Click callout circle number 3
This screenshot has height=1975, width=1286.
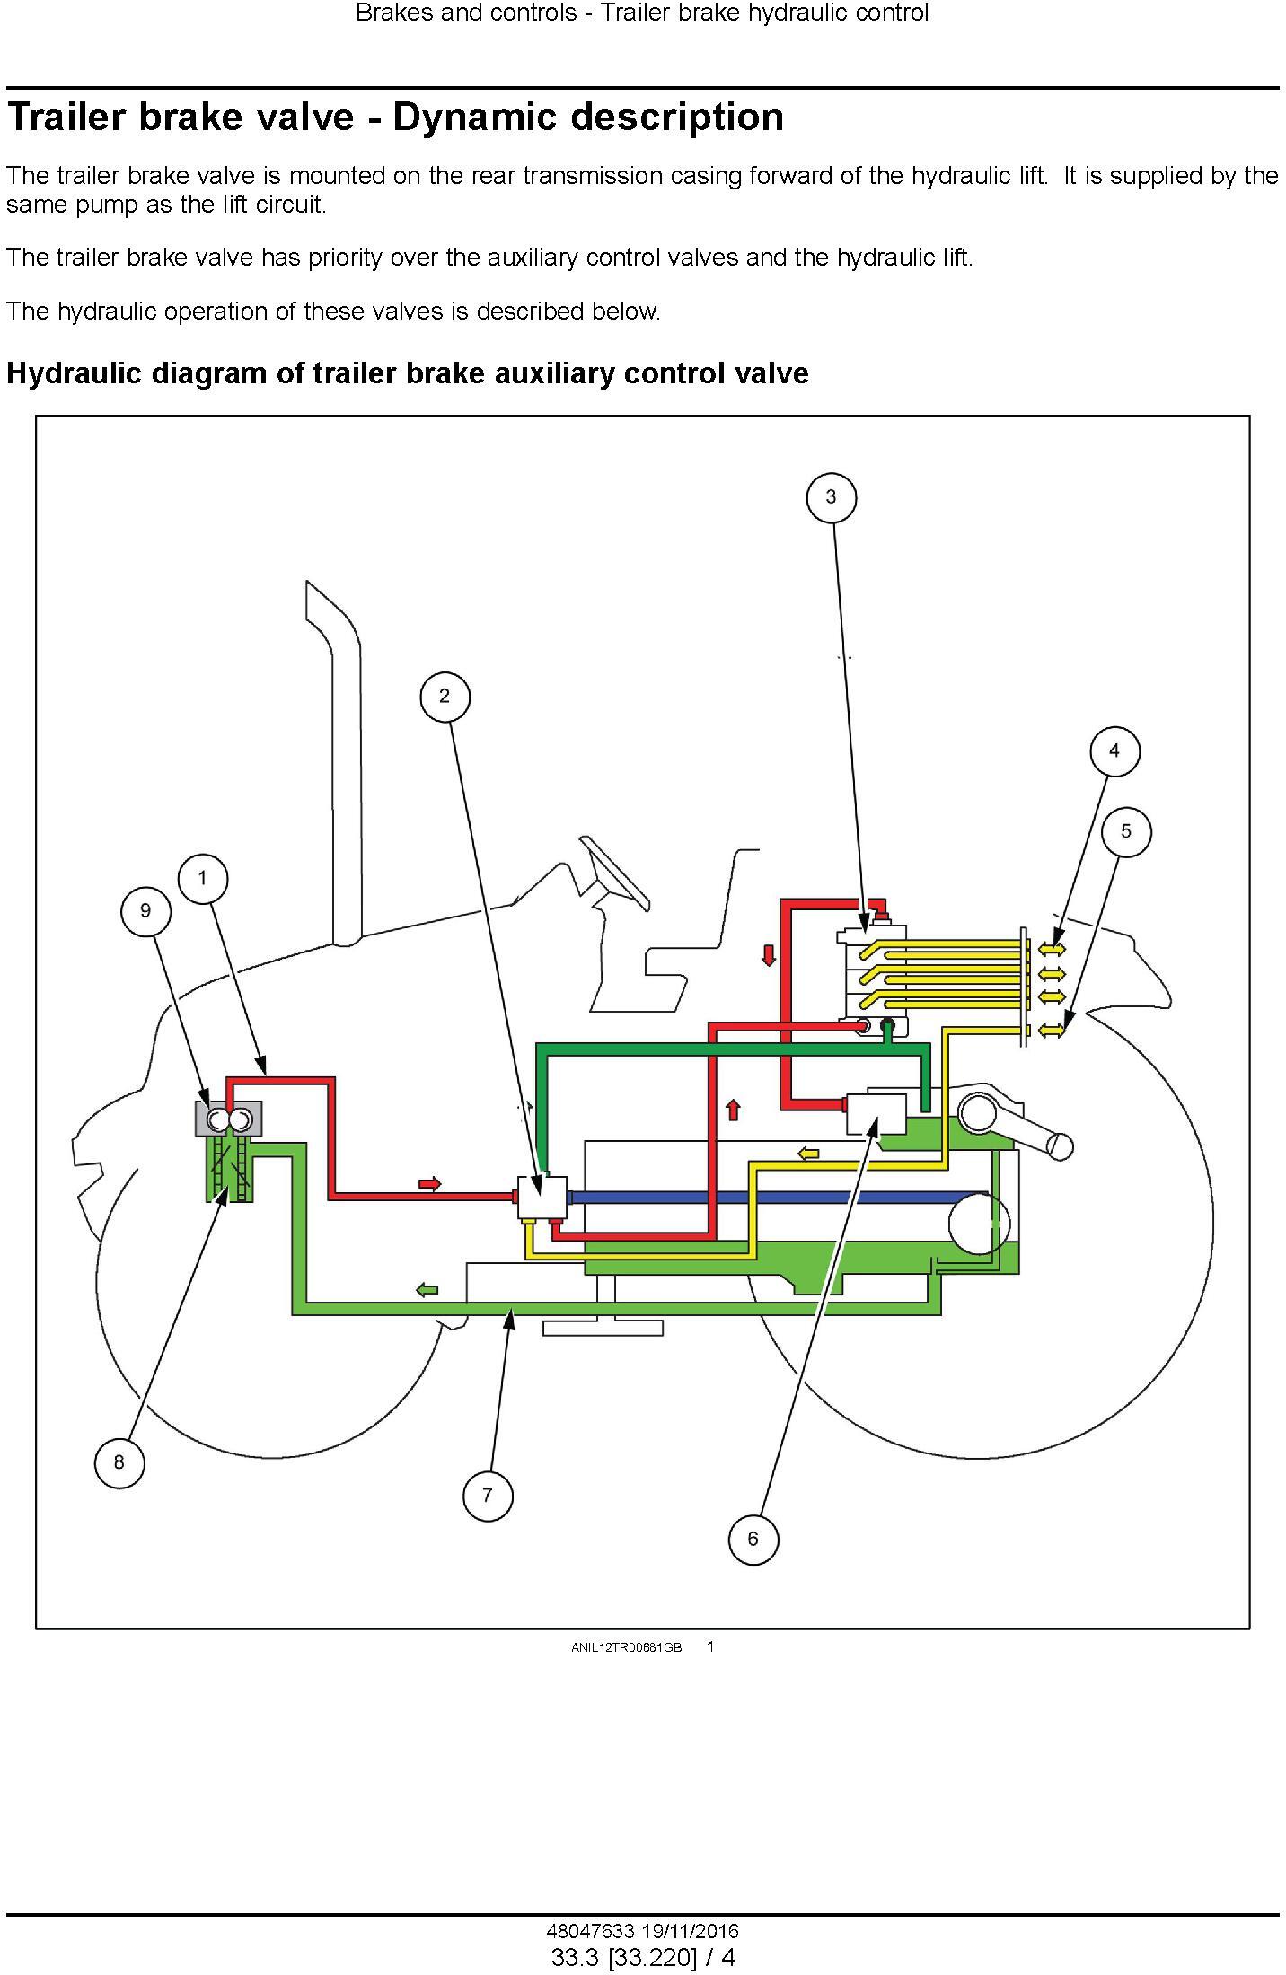831,497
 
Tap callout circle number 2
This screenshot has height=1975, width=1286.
445,697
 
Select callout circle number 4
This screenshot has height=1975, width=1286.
1114,751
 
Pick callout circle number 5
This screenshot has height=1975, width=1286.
1126,831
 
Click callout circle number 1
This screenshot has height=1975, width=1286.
202,878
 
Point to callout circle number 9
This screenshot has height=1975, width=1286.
146,911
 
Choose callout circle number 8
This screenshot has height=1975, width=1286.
119,1462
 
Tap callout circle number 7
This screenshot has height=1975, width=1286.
488,1496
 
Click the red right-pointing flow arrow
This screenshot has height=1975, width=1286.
430,1184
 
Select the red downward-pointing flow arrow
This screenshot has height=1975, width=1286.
769,954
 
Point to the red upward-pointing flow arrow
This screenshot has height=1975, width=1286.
733,1110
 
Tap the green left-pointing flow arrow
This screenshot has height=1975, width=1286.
427,1290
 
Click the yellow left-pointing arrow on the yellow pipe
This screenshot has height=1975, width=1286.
808,1153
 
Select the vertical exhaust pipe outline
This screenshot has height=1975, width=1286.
334,762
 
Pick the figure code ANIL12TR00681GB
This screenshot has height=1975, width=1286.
627,1647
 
